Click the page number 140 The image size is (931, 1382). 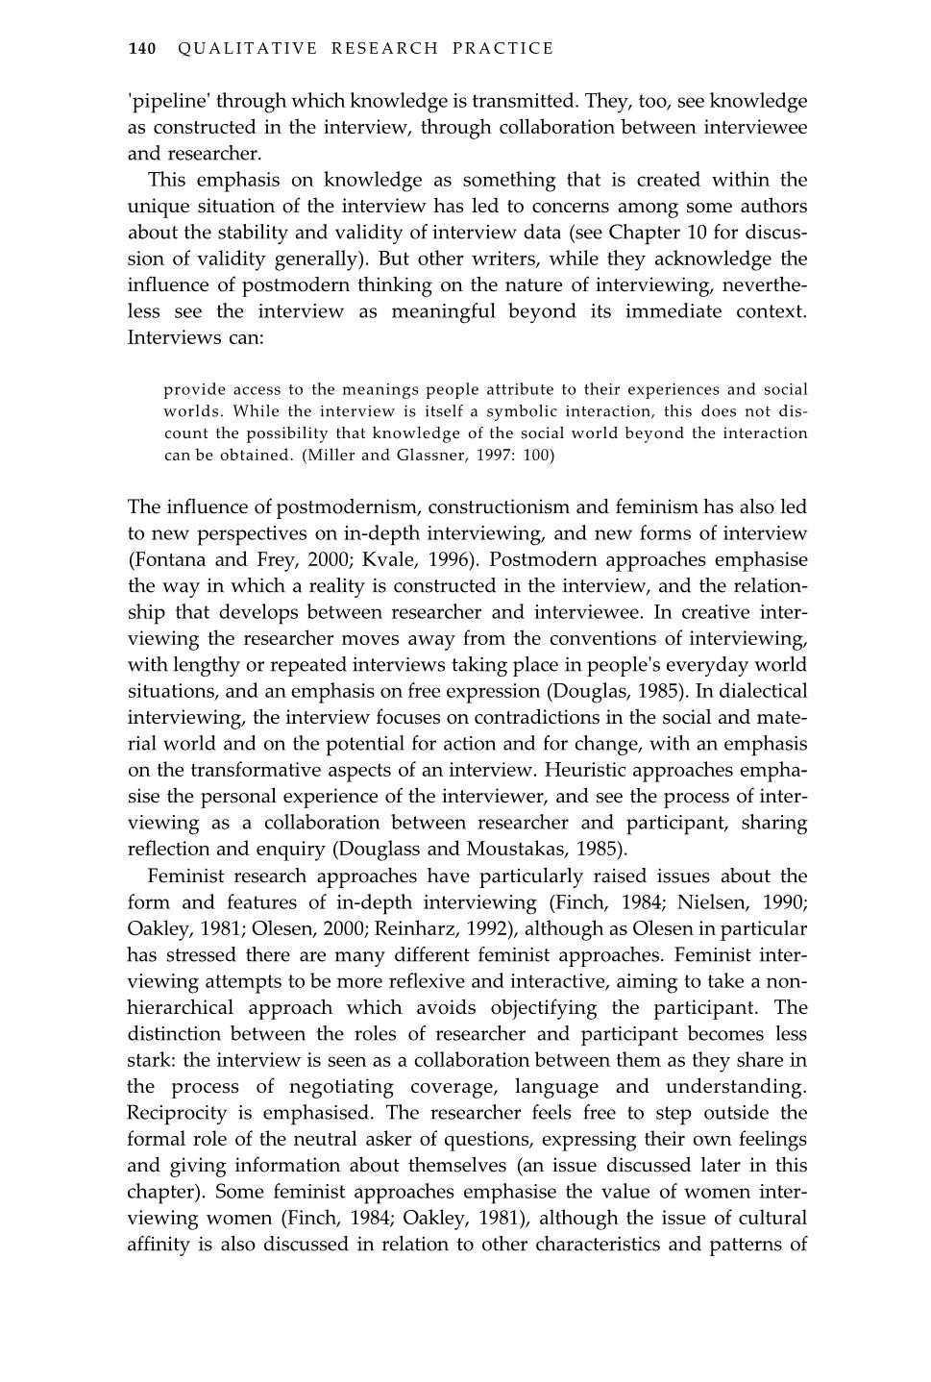click(x=141, y=48)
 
